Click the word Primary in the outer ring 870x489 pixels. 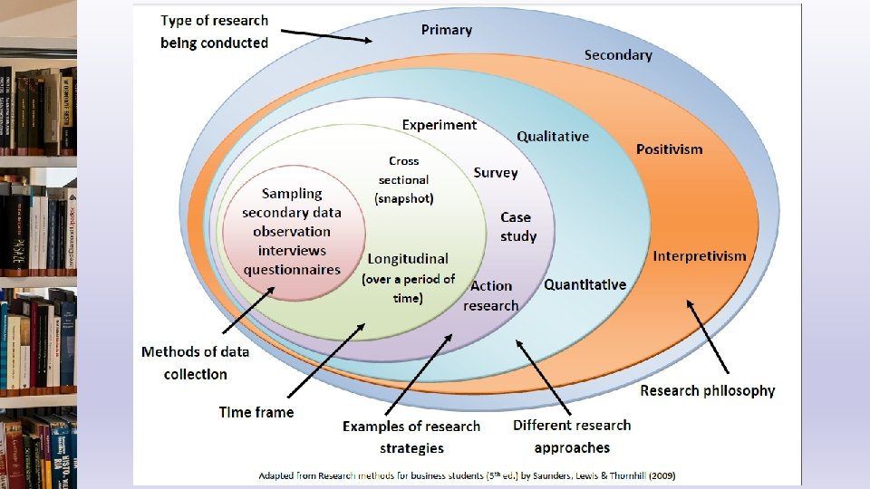(447, 30)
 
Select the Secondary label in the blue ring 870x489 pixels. (618, 55)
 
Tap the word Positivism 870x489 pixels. (669, 149)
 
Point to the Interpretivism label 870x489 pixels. (700, 256)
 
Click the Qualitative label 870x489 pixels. (553, 137)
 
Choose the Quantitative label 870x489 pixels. (585, 284)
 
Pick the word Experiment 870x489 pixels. (440, 125)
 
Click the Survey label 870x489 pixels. (496, 173)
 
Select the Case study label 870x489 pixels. (517, 226)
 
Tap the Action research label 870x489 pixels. (491, 295)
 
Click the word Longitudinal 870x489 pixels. (408, 259)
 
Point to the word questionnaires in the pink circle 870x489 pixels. (292, 269)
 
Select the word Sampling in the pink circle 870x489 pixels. (292, 193)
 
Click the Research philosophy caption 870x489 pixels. (708, 390)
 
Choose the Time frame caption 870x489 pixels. (256, 412)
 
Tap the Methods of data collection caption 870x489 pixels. (196, 362)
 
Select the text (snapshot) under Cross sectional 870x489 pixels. (404, 198)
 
